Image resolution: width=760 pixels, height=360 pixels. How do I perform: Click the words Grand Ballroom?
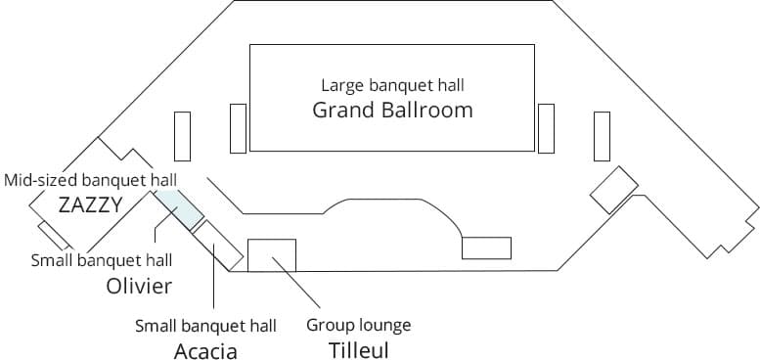point(392,110)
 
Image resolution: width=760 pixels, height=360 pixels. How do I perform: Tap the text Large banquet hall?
point(392,85)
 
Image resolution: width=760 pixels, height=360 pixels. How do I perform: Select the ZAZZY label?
point(90,204)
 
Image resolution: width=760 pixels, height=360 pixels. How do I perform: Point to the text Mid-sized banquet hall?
point(90,181)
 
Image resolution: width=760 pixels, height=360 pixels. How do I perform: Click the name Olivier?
point(139,286)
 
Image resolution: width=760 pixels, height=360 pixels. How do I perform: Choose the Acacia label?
point(205,351)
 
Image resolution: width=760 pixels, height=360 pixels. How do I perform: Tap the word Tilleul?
point(358,348)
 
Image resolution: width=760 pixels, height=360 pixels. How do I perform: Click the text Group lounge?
point(358,325)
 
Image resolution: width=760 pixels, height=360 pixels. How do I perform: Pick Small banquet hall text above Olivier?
point(102,260)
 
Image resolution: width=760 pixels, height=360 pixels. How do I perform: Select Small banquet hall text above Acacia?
point(205,326)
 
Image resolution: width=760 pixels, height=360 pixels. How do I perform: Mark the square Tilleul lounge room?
point(272,254)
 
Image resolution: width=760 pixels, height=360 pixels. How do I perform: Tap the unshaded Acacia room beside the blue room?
point(217,244)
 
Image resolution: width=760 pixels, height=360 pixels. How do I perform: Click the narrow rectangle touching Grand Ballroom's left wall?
point(238,127)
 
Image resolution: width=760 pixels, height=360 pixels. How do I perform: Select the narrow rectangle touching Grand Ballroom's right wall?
point(546,127)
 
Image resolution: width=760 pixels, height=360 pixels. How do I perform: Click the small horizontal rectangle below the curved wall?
point(486,247)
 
